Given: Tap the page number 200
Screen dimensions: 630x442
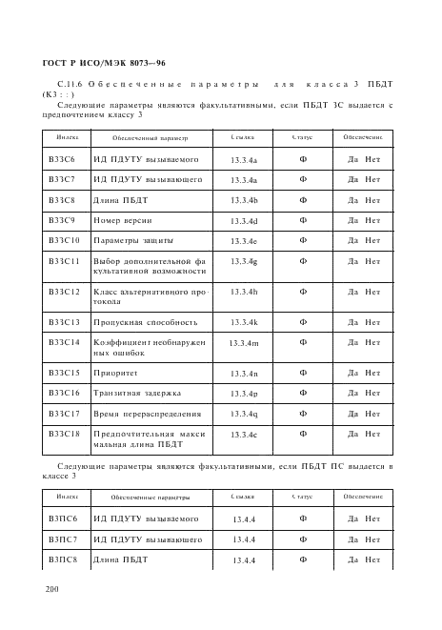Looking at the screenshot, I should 53,591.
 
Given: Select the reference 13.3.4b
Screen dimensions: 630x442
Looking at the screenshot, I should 244,201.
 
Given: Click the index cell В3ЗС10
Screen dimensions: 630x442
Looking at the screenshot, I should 63,240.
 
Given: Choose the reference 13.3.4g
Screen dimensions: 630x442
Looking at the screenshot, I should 244,261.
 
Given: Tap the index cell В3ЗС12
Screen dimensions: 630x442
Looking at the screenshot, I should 63,292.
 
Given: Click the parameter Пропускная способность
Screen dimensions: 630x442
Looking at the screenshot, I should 146,322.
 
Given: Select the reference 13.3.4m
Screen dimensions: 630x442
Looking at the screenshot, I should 244,342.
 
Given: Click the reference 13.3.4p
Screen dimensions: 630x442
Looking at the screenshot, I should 244,393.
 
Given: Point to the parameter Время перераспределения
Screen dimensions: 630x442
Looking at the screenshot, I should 147,414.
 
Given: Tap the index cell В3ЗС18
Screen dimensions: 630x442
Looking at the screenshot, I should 63,434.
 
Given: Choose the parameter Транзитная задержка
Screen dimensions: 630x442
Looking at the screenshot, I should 138,393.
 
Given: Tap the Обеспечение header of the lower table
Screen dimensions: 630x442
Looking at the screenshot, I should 363,498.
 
